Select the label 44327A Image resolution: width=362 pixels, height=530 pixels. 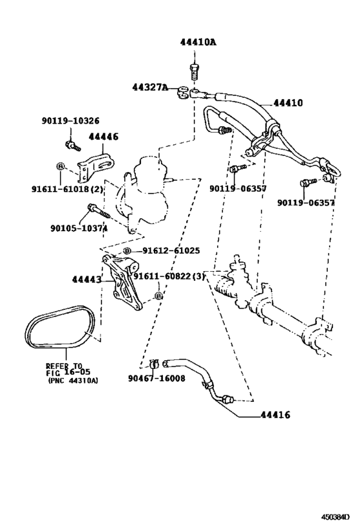150,88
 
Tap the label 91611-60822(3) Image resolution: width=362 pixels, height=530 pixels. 169,276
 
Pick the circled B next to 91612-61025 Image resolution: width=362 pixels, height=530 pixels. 127,250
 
